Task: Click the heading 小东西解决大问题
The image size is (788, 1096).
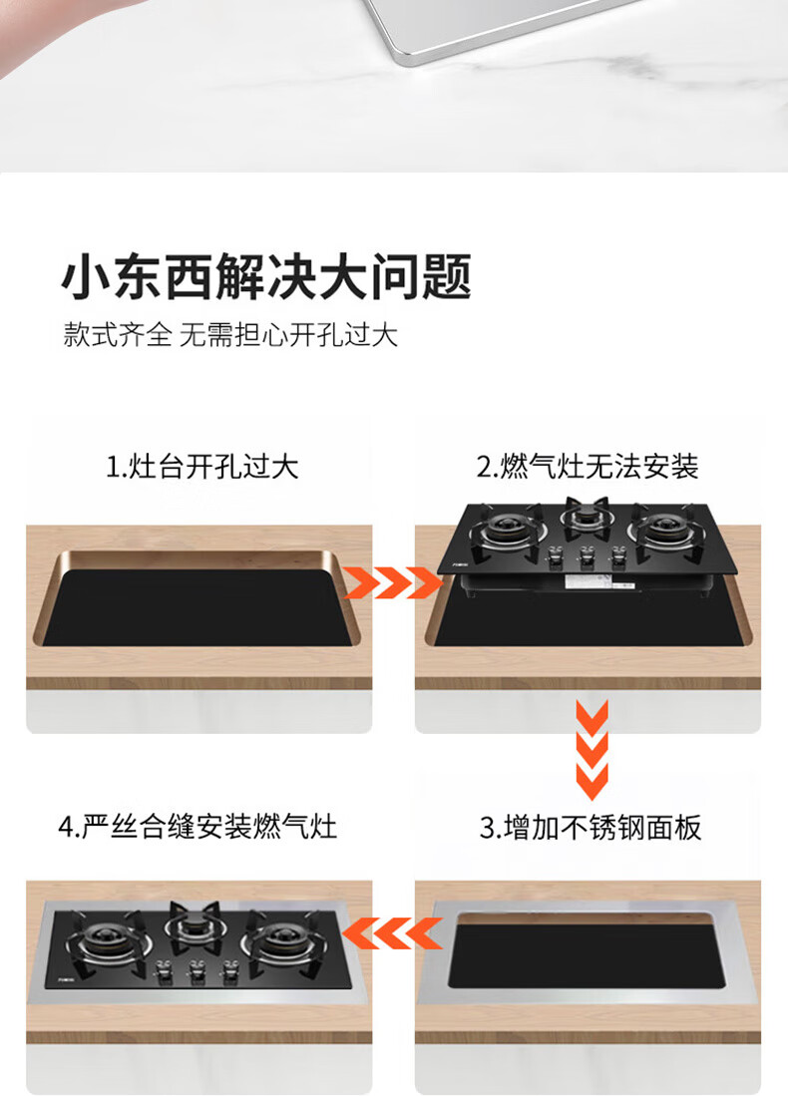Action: (x=266, y=277)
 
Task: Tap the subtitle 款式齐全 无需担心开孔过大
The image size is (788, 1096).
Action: (x=230, y=335)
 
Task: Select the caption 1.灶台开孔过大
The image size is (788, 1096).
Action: (x=202, y=466)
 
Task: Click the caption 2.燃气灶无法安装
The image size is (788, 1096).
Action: (x=588, y=466)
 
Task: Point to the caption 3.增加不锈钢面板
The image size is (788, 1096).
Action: (x=591, y=827)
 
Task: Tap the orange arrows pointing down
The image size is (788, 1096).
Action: (x=591, y=749)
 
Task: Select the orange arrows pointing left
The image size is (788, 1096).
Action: (x=392, y=932)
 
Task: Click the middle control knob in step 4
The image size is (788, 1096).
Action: (x=193, y=971)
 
